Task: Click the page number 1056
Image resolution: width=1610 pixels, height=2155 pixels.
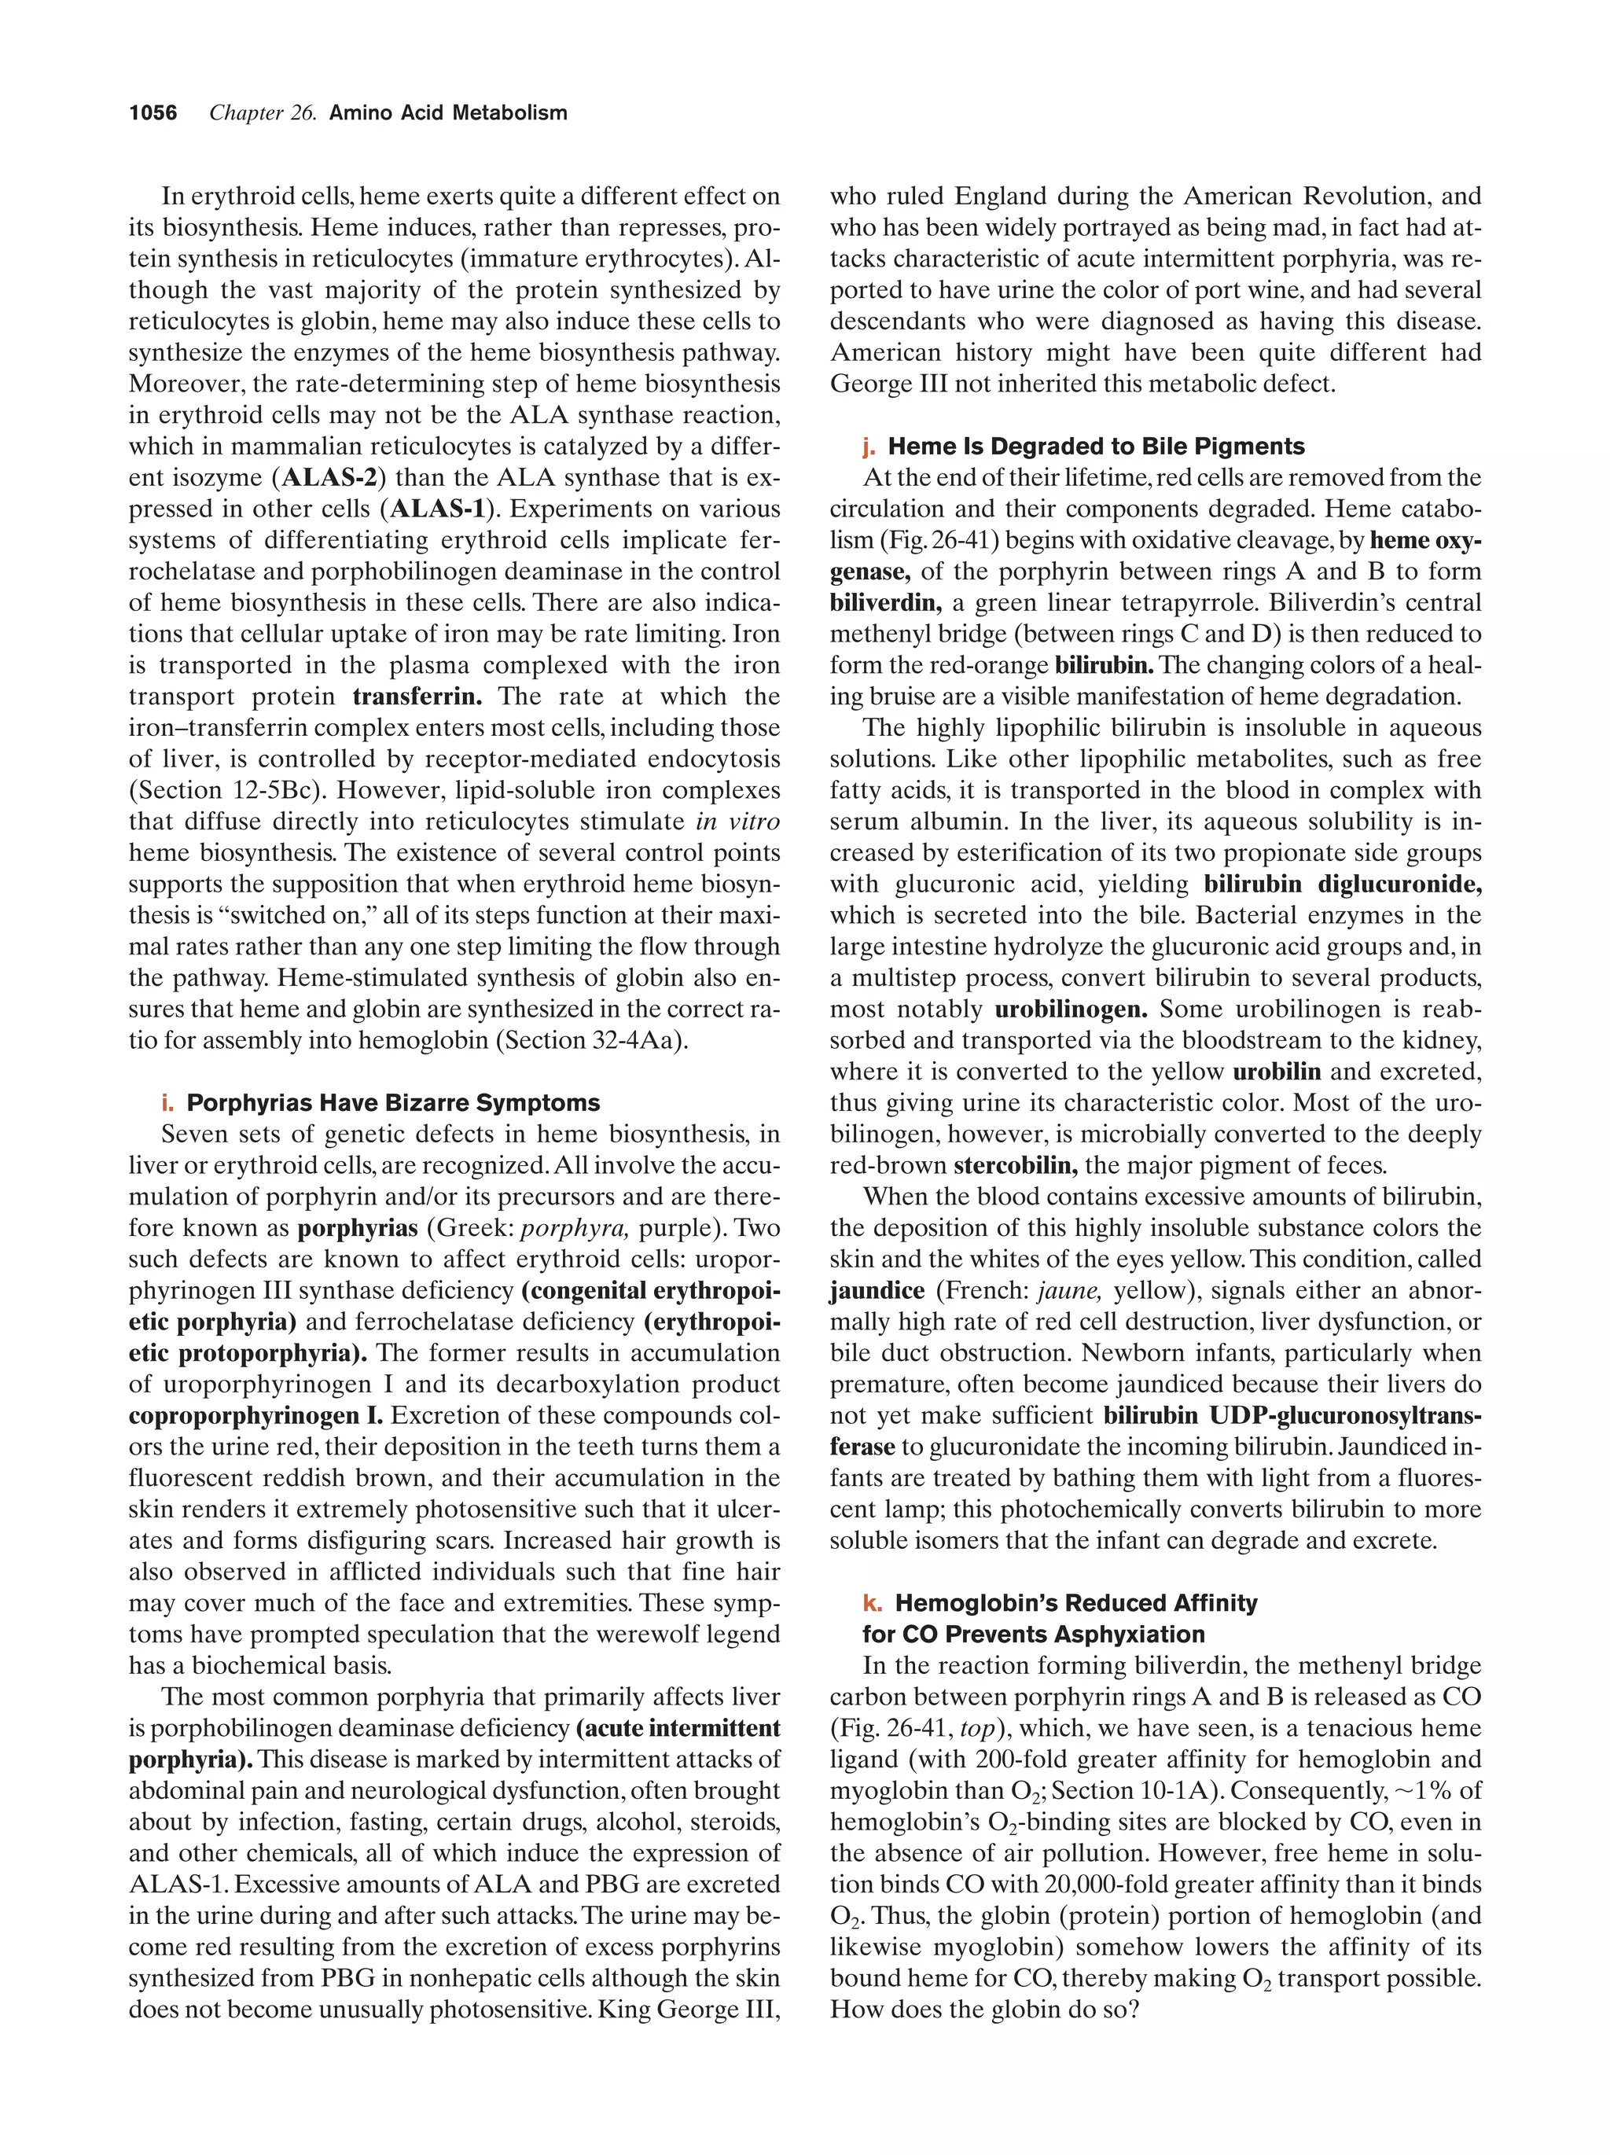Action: pos(153,113)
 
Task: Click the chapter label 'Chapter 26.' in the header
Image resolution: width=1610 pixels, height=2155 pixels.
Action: pos(263,113)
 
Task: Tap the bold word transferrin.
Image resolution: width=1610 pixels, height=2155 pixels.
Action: pos(417,697)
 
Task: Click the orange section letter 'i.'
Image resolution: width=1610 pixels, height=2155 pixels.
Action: pos(167,1103)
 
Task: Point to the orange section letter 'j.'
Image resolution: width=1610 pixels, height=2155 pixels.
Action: pos(869,447)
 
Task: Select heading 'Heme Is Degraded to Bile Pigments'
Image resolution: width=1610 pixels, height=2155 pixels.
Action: pos(1096,447)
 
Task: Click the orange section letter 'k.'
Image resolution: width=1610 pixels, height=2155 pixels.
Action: pos(872,1602)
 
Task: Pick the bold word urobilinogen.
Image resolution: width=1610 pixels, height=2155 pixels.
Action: pos(1071,1009)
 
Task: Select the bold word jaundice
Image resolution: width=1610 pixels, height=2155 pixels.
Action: pos(877,1291)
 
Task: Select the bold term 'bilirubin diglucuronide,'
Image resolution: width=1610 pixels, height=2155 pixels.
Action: pos(1342,884)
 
